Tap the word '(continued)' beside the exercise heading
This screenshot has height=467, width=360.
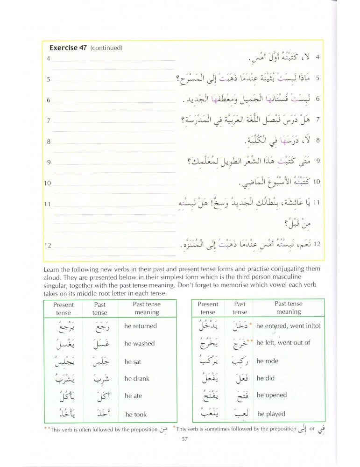tap(106, 48)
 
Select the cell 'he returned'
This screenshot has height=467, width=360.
tap(141, 326)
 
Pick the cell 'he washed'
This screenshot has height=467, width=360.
tap(139, 343)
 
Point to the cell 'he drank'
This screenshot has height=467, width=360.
tap(137, 378)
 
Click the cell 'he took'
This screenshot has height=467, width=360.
tap(136, 414)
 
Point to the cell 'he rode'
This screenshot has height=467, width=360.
tap(268, 361)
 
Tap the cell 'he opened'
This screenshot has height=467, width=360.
tap(272, 395)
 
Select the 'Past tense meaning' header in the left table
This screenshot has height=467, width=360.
tap(147, 308)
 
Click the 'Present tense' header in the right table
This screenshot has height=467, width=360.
tap(208, 308)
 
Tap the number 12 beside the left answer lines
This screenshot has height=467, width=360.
tap(48, 246)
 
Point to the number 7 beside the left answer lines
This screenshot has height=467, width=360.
tap(49, 121)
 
